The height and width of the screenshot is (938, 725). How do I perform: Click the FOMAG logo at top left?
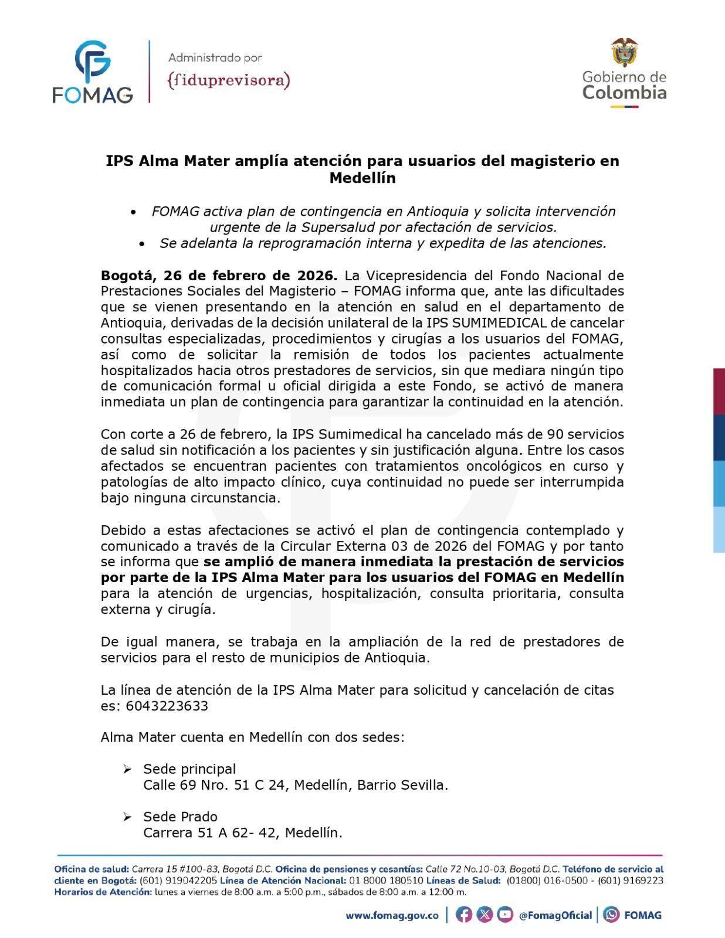pyautogui.click(x=93, y=72)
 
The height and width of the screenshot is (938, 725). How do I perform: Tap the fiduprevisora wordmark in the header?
pyautogui.click(x=229, y=80)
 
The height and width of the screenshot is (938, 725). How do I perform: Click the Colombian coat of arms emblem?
pyautogui.click(x=624, y=53)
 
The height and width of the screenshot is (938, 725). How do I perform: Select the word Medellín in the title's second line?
pyautogui.click(x=362, y=178)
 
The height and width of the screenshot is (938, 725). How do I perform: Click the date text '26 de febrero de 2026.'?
pyautogui.click(x=250, y=276)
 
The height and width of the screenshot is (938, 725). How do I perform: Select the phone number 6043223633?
pyautogui.click(x=167, y=706)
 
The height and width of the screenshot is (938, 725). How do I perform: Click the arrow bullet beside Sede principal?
pyautogui.click(x=127, y=769)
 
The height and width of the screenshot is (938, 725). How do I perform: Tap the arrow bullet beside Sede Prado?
pyautogui.click(x=127, y=817)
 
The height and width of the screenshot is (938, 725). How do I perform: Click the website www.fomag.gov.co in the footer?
pyautogui.click(x=392, y=915)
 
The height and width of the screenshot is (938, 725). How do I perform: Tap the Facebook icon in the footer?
pyautogui.click(x=463, y=915)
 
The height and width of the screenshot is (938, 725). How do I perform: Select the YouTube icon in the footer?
pyautogui.click(x=504, y=915)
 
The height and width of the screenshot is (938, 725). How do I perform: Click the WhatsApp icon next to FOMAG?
pyautogui.click(x=611, y=915)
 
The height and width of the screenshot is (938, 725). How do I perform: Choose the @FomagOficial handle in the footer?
pyautogui.click(x=555, y=915)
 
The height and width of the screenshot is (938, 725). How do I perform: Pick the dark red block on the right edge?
pyautogui.click(x=719, y=392)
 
